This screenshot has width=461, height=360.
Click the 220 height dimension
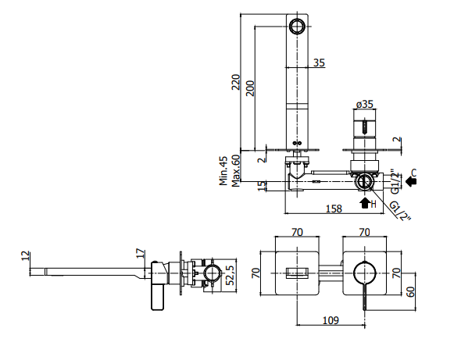click(x=236, y=82)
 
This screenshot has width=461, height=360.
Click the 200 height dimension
click(x=250, y=88)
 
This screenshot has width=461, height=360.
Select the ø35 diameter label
click(x=365, y=104)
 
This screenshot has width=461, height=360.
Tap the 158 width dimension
click(x=334, y=209)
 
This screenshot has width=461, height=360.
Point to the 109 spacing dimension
click(x=331, y=320)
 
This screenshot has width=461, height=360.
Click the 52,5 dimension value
click(x=230, y=276)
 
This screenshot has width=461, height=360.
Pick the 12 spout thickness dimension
click(x=26, y=255)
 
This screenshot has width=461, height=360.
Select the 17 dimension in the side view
click(x=141, y=253)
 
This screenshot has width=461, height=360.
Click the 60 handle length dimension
click(x=411, y=291)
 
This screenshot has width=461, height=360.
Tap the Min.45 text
click(x=223, y=171)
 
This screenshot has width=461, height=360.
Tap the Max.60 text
click(x=235, y=171)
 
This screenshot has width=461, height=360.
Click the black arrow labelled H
click(x=365, y=203)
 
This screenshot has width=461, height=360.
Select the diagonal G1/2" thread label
click(x=401, y=212)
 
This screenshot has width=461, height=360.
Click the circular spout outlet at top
click(x=297, y=26)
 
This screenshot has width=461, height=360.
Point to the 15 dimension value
click(x=262, y=186)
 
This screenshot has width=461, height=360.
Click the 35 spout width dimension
click(x=319, y=62)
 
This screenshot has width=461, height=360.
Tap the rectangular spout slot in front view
click(x=297, y=273)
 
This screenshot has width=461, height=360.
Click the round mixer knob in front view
click(x=365, y=273)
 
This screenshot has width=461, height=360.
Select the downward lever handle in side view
click(x=158, y=297)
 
